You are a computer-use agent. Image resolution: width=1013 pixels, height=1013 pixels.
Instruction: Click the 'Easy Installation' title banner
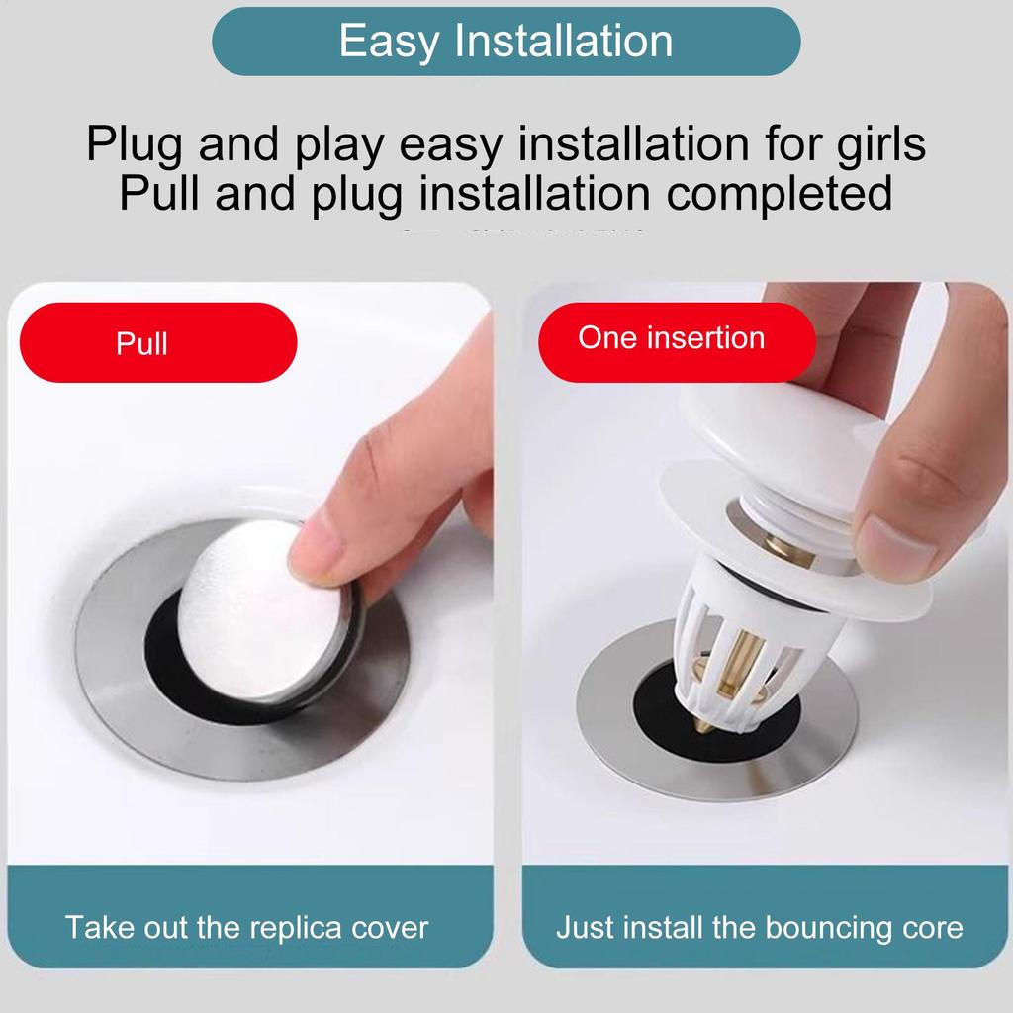506,42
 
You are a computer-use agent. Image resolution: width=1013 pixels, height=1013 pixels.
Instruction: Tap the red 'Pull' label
158,342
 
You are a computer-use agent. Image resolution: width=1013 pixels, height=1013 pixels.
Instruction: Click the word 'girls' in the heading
876,143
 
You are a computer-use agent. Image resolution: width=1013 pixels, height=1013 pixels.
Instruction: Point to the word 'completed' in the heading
779,193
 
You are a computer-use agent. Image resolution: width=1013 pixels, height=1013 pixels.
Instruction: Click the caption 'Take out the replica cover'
246,928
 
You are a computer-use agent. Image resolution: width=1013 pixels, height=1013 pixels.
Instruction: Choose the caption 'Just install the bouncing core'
759,928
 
